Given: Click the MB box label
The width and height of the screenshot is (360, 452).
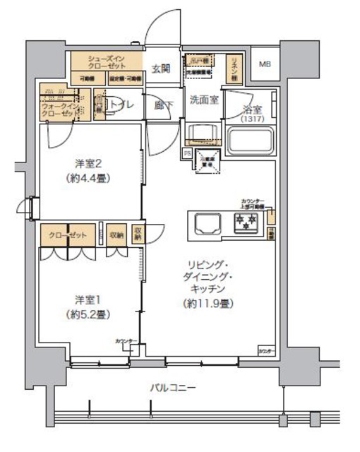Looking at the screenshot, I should tap(265, 65).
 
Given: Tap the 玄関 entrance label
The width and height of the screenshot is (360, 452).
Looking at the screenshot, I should tap(161, 69).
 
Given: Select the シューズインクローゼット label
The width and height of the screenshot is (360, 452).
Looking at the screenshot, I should tap(105, 60).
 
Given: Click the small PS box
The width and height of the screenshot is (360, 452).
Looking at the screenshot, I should tap(187, 152).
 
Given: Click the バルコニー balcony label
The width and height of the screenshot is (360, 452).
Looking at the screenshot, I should tap(173, 386).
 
